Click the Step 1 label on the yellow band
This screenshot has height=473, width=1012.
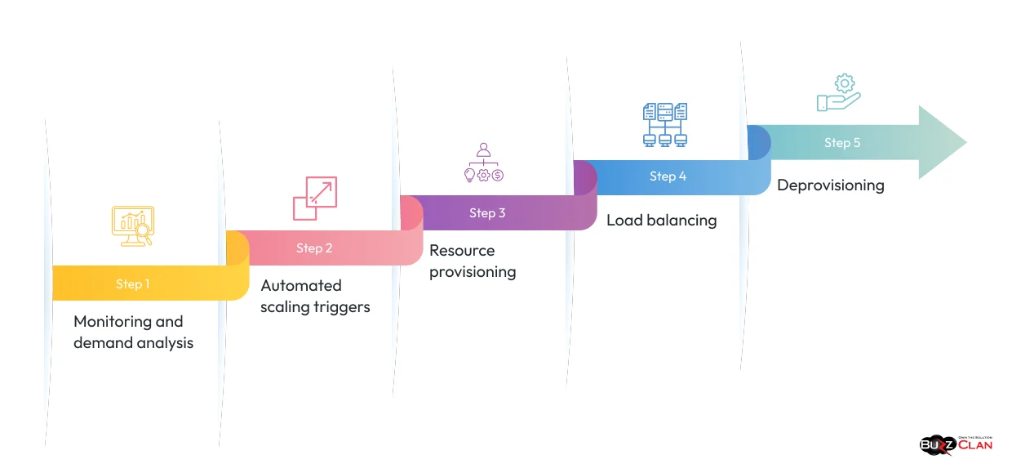tap(132, 284)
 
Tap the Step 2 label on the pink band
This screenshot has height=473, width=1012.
tap(314, 248)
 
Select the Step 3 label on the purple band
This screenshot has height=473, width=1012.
tap(487, 213)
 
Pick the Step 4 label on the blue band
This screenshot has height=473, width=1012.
tap(668, 176)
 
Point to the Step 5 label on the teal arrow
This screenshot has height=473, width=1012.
tap(842, 143)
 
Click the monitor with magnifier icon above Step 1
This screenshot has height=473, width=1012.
tap(133, 226)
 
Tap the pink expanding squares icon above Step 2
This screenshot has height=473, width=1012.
tap(314, 199)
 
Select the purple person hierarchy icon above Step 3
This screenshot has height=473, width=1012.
tap(484, 163)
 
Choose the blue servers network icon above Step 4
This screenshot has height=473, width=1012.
tap(664, 125)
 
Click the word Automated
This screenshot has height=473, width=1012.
tap(301, 286)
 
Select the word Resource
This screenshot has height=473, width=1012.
tap(462, 251)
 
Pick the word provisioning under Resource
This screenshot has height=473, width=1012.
tap(473, 272)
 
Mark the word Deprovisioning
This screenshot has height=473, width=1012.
tap(830, 185)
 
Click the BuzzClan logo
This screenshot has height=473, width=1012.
tap(956, 444)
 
